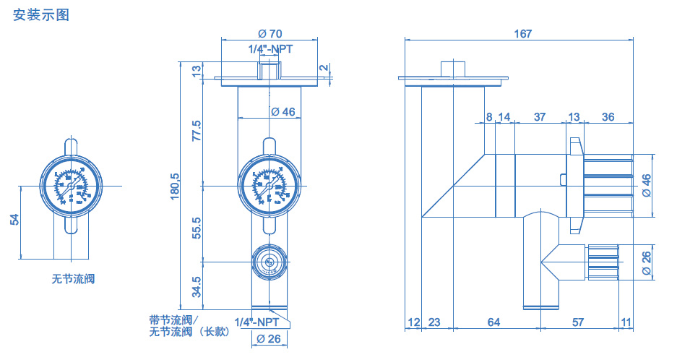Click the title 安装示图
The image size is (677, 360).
(x=41, y=14)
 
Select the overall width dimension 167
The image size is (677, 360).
(x=523, y=34)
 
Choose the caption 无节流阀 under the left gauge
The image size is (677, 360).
(x=73, y=279)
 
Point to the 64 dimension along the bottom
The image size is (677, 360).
(x=493, y=322)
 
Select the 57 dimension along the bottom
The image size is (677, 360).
(x=578, y=322)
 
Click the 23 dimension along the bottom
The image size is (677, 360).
(x=435, y=322)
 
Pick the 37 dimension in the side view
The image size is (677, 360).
(x=539, y=117)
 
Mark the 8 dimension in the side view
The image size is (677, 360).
(x=489, y=117)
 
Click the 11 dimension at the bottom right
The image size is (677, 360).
(x=626, y=322)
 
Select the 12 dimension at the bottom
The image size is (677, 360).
(x=413, y=322)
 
